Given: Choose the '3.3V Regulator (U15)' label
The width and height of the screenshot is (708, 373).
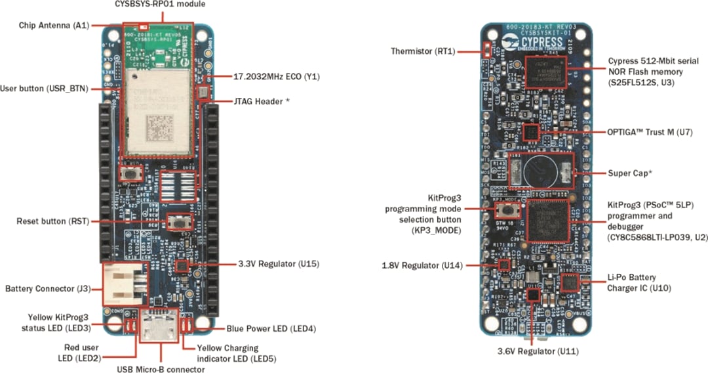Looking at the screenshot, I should click(x=278, y=264).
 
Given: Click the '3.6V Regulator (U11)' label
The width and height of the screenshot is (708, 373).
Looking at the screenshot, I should click(x=537, y=351).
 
